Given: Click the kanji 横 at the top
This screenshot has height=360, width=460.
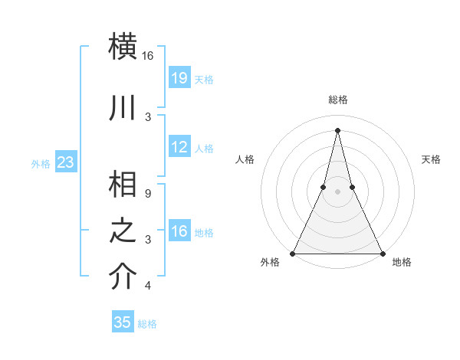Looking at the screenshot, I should [123, 45].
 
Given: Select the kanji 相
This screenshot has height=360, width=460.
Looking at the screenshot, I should [123, 185].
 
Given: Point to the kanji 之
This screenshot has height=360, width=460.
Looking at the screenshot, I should [123, 231].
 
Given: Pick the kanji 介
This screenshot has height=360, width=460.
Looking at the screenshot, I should [123, 277].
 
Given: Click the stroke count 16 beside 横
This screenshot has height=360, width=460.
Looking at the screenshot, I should [148, 56].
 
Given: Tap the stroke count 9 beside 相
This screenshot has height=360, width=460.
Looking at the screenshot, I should [148, 194].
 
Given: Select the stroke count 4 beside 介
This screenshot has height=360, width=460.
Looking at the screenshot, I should [148, 286].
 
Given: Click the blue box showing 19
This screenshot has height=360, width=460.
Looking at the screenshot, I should [179, 77].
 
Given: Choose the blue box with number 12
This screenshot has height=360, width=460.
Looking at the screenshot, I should [179, 147].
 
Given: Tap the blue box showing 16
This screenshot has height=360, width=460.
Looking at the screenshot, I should [179, 231].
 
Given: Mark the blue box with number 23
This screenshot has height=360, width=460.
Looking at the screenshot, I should [65, 162].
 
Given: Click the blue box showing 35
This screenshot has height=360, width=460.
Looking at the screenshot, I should [123, 322].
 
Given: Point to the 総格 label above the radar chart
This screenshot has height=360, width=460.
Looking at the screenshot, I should [337, 100].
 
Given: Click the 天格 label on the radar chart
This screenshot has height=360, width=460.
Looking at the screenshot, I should [432, 159].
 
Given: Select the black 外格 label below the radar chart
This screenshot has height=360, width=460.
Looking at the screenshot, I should [270, 263].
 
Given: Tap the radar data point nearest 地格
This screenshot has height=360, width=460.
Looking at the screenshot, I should [381, 253].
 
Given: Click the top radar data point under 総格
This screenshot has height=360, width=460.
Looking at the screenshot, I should [337, 129].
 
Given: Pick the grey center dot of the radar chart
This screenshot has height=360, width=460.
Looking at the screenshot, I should [337, 191].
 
